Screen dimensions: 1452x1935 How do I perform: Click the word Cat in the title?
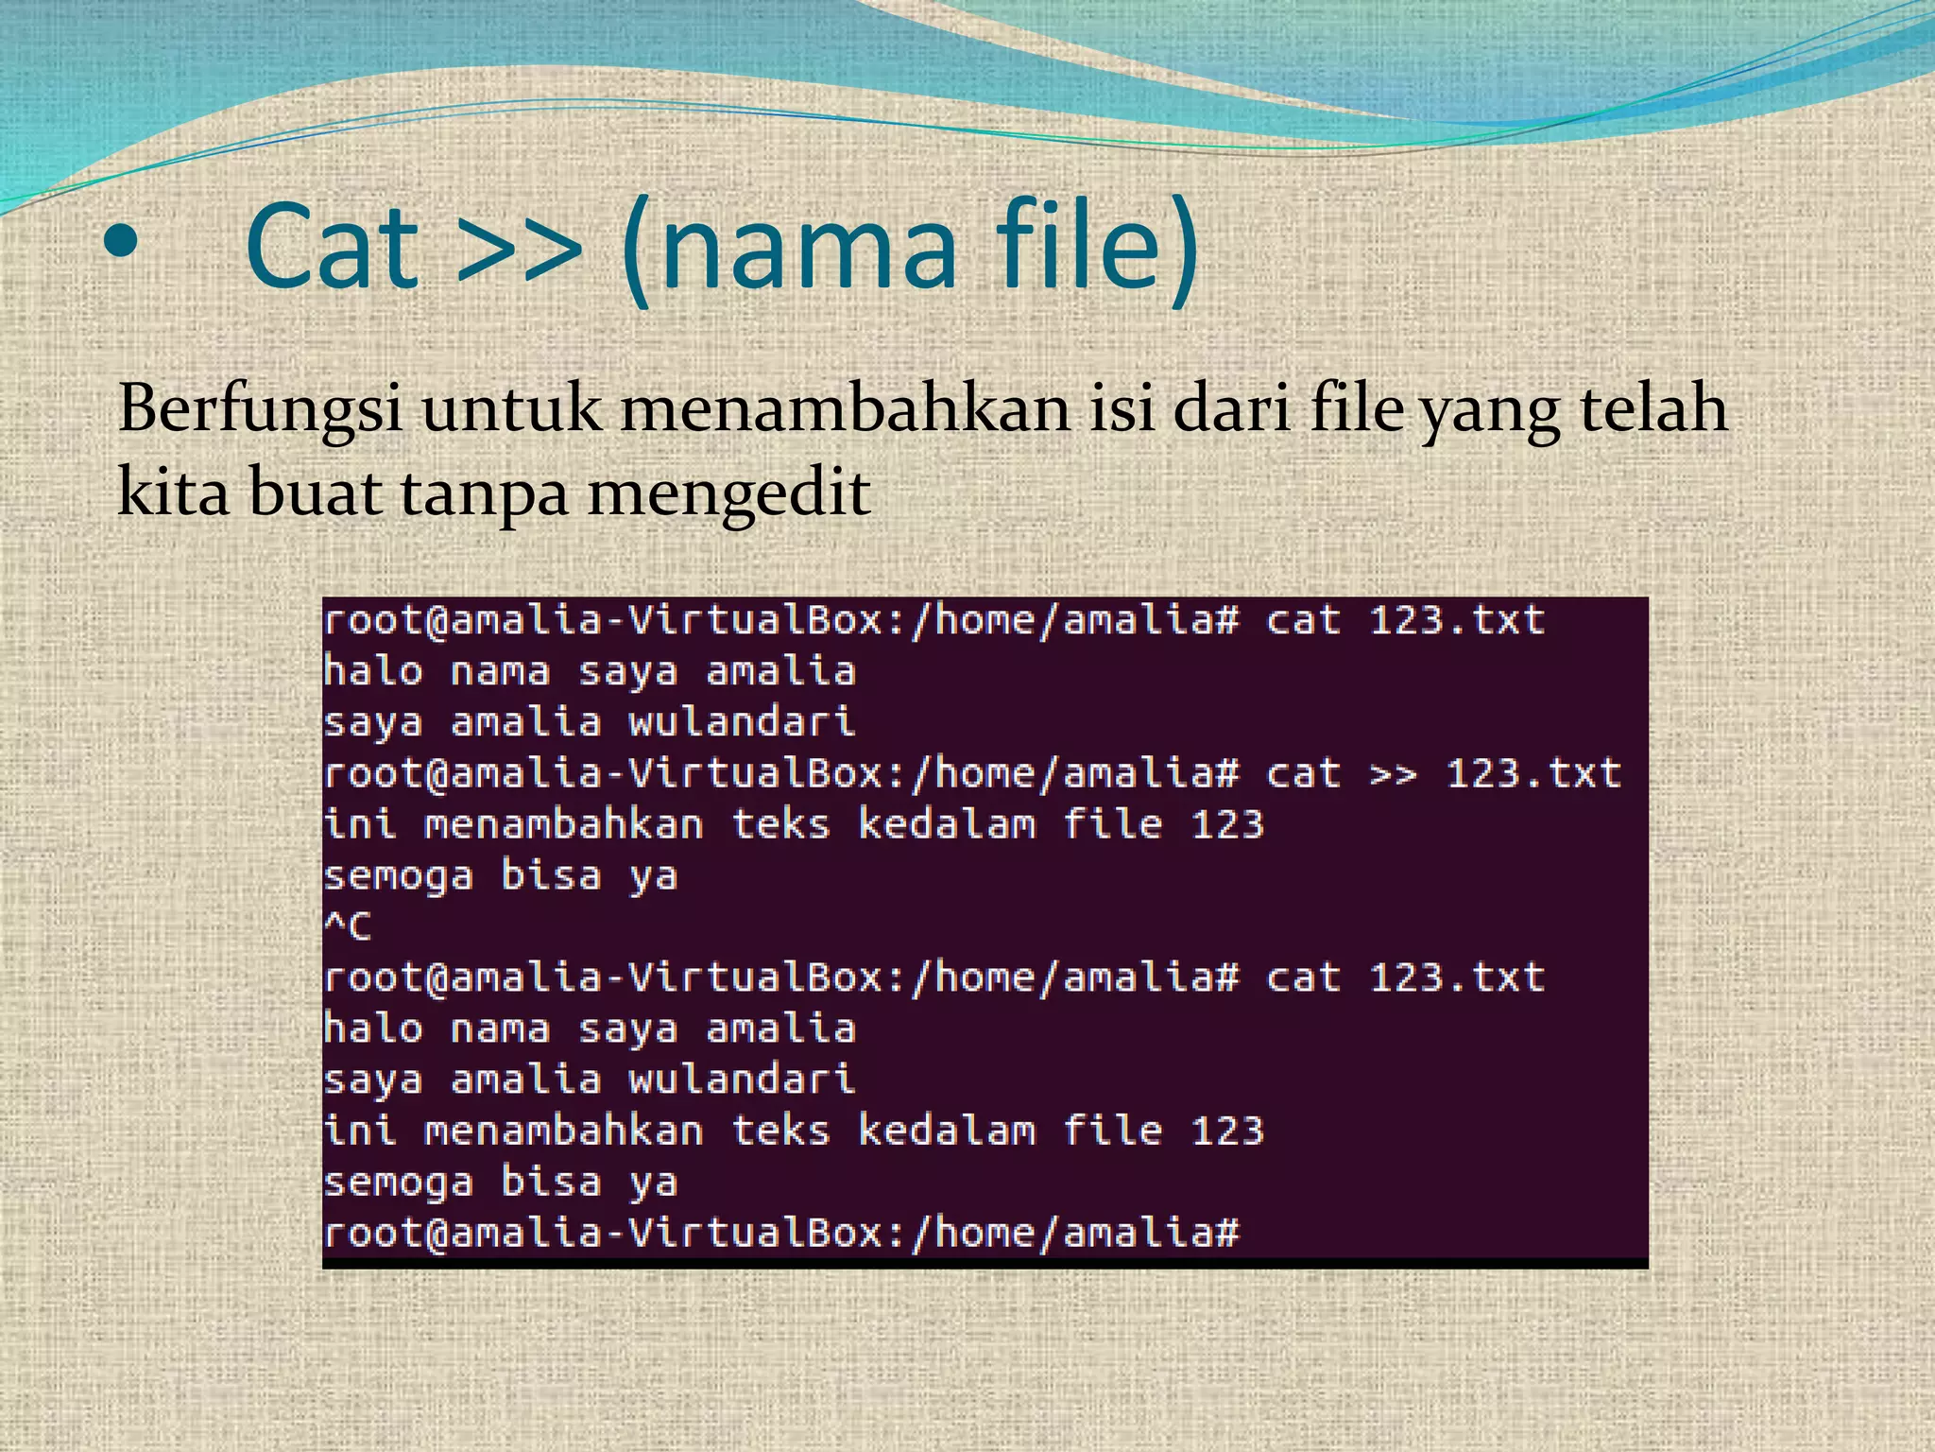[x=332, y=248]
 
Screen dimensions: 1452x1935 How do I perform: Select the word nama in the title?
[x=809, y=248]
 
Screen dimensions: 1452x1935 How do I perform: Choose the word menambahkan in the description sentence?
[x=846, y=409]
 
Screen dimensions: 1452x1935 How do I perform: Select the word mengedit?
[x=728, y=494]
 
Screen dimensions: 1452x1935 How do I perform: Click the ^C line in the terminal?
[x=347, y=926]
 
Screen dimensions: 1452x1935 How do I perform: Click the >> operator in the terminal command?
[x=1394, y=774]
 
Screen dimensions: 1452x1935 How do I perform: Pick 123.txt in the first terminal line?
[x=1457, y=621]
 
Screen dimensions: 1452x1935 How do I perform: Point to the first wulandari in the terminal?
[x=742, y=723]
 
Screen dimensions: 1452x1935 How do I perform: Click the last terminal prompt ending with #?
[x=780, y=1233]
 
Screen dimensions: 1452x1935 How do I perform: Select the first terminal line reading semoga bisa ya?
[x=500, y=876]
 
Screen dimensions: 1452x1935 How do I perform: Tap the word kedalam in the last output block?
[x=946, y=1131]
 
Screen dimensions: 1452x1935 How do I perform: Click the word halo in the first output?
[x=372, y=672]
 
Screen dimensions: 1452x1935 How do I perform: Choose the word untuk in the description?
[x=510, y=409]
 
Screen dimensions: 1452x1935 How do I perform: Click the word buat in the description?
[x=315, y=494]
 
